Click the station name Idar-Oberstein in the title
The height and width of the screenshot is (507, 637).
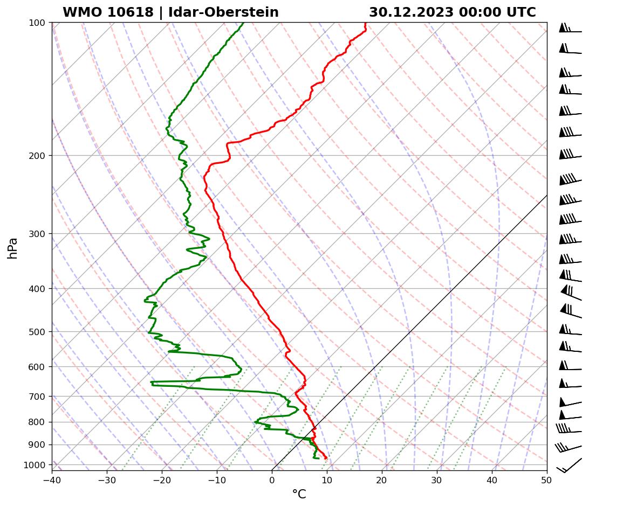coord(223,12)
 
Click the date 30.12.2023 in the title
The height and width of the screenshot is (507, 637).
coord(411,12)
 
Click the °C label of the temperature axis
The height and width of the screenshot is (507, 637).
coord(299,494)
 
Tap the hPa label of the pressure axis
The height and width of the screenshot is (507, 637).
coord(13,248)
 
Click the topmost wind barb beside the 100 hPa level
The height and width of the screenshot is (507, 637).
coord(570,29)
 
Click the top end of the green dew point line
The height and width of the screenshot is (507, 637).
coord(243,23)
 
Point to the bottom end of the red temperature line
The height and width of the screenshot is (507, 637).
coord(326,458)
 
